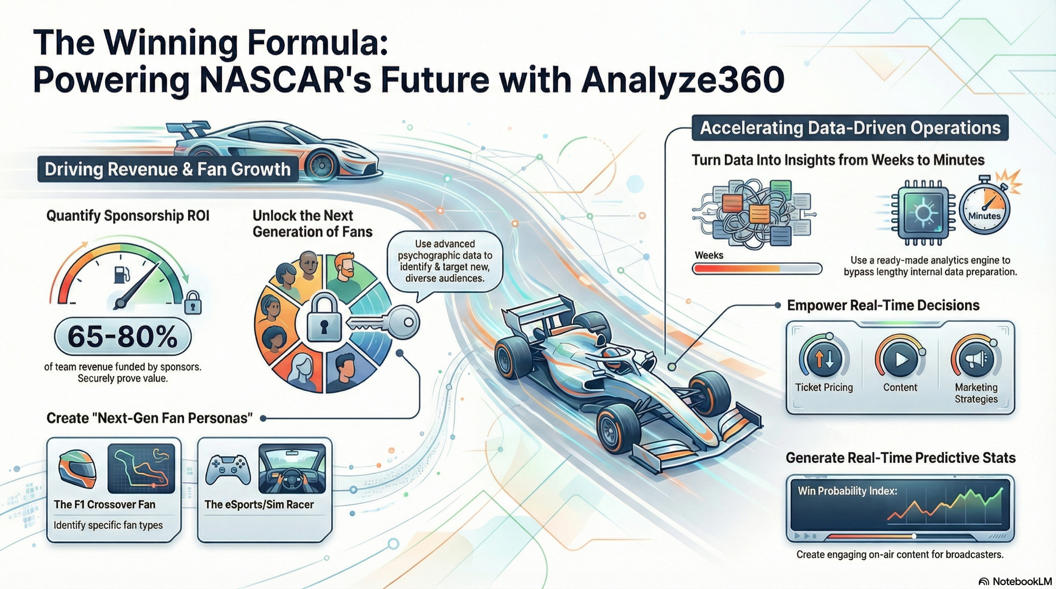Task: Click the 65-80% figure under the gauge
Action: tap(122, 337)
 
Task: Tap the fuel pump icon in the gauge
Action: tap(120, 274)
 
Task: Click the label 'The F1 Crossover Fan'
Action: tap(104, 505)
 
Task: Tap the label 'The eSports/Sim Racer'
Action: tap(259, 505)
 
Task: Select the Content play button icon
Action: tap(900, 359)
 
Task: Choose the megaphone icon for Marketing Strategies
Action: tap(976, 359)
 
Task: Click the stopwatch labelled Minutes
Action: tap(984, 209)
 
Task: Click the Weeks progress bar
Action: tap(757, 269)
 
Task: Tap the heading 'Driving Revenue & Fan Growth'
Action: tap(168, 169)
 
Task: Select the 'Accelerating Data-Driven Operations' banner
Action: tap(850, 128)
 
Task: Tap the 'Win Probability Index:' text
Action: tap(847, 491)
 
